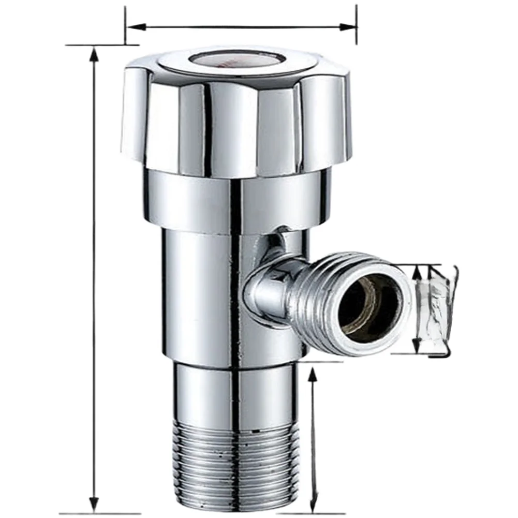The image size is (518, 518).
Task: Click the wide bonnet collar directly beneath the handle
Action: [235, 202]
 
